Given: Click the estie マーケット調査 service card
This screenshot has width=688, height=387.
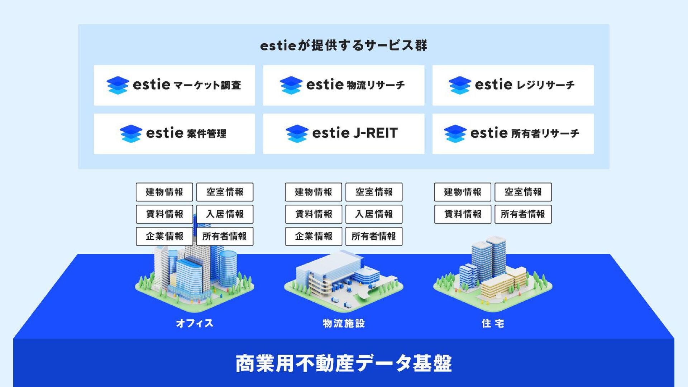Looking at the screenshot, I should tap(174, 85).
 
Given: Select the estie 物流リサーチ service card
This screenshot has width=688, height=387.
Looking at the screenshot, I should tap(343, 85).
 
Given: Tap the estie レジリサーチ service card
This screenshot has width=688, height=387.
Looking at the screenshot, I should tap(513, 85).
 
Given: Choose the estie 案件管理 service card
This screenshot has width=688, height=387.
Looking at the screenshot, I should tap(174, 134).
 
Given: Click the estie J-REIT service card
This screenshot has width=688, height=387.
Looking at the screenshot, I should tap(343, 134).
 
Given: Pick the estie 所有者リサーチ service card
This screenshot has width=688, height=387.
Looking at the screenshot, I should tap(513, 134).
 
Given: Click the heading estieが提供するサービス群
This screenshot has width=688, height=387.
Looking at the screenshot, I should tap(343, 46).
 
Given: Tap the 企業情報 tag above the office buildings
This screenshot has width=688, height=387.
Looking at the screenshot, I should tap(164, 236).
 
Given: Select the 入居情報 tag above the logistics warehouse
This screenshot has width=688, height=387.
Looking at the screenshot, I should tap(374, 214).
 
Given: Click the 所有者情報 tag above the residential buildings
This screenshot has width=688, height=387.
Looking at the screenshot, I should tap(523, 214).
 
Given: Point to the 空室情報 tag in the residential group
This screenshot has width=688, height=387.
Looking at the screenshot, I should tap(523, 192).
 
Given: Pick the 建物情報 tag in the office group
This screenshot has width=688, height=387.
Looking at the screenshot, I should tap(164, 192).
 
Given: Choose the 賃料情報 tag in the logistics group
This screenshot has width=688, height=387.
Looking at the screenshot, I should tap(314, 214).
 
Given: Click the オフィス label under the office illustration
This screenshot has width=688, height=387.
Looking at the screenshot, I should tap(195, 323).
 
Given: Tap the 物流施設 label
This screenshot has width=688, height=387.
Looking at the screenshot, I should tap(343, 323).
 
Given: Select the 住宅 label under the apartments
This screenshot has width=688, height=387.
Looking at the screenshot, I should tap(493, 323).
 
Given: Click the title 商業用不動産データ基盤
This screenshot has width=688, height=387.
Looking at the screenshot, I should tap(343, 363).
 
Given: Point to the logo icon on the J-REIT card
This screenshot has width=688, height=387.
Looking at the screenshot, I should tap(297, 134).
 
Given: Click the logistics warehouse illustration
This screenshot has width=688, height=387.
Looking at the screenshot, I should tap(343, 281).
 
